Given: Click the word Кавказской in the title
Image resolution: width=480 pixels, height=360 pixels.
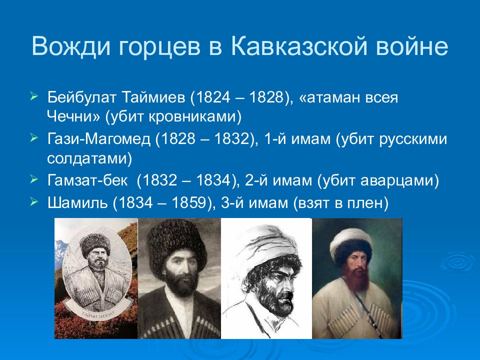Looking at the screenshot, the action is point(299,46).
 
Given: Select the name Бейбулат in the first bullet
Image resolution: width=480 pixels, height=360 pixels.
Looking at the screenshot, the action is point(81,97).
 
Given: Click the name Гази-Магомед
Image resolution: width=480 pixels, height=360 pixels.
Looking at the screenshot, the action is point(99,139).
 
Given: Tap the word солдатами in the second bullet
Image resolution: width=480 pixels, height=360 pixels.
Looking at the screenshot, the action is point(86,158).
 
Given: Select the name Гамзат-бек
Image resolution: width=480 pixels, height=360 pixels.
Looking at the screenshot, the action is point(87,180).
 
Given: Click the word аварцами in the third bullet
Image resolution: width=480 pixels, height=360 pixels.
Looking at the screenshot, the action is point(396,181).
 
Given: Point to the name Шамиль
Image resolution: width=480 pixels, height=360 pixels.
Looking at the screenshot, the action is point(77,202).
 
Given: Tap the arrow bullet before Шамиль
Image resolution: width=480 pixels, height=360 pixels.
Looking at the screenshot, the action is point(34,202).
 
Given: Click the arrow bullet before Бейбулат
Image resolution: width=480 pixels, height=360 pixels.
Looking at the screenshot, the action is point(34,96).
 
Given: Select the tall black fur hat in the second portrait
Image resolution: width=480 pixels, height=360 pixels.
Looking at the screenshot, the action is point(176,245).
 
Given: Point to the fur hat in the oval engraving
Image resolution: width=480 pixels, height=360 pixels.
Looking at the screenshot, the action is point(95,243).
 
